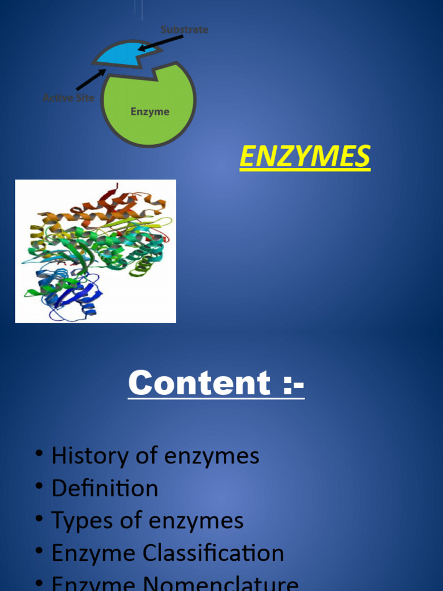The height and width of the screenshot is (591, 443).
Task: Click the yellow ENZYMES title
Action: pyautogui.click(x=305, y=157)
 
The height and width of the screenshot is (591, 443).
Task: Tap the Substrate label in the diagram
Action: pyautogui.click(x=184, y=29)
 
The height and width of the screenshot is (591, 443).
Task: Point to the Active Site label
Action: pyautogui.click(x=68, y=98)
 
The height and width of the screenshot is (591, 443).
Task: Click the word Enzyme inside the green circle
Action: pyautogui.click(x=150, y=111)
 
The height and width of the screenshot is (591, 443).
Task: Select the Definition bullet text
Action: pyautogui.click(x=104, y=489)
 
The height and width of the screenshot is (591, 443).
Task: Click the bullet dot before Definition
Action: pyautogui.click(x=39, y=487)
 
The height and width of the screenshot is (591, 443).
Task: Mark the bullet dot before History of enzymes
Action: pyautogui.click(x=39, y=455)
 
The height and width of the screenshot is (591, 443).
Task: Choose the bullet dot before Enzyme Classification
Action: pyautogui.click(x=39, y=552)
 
